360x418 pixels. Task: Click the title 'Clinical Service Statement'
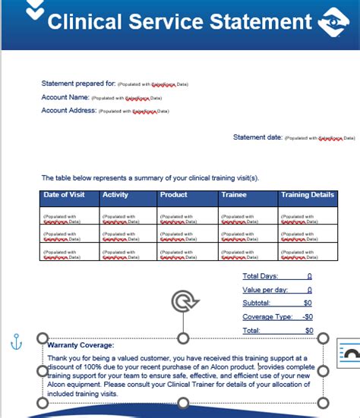[179, 20]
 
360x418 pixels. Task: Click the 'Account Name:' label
[65, 97]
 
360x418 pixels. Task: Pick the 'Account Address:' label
[68, 111]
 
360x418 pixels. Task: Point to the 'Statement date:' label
[257, 137]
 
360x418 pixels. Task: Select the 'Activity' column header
[115, 195]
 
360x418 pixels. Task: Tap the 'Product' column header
[174, 195]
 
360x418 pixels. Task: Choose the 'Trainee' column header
[233, 195]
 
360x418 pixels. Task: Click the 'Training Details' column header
[307, 195]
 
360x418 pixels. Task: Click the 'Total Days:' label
[261, 276]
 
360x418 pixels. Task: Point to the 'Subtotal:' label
[257, 303]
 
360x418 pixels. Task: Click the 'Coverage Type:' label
[267, 317]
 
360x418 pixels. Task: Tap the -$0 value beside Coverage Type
[307, 317]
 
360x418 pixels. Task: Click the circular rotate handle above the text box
[182, 303]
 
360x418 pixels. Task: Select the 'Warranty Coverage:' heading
[81, 345]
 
